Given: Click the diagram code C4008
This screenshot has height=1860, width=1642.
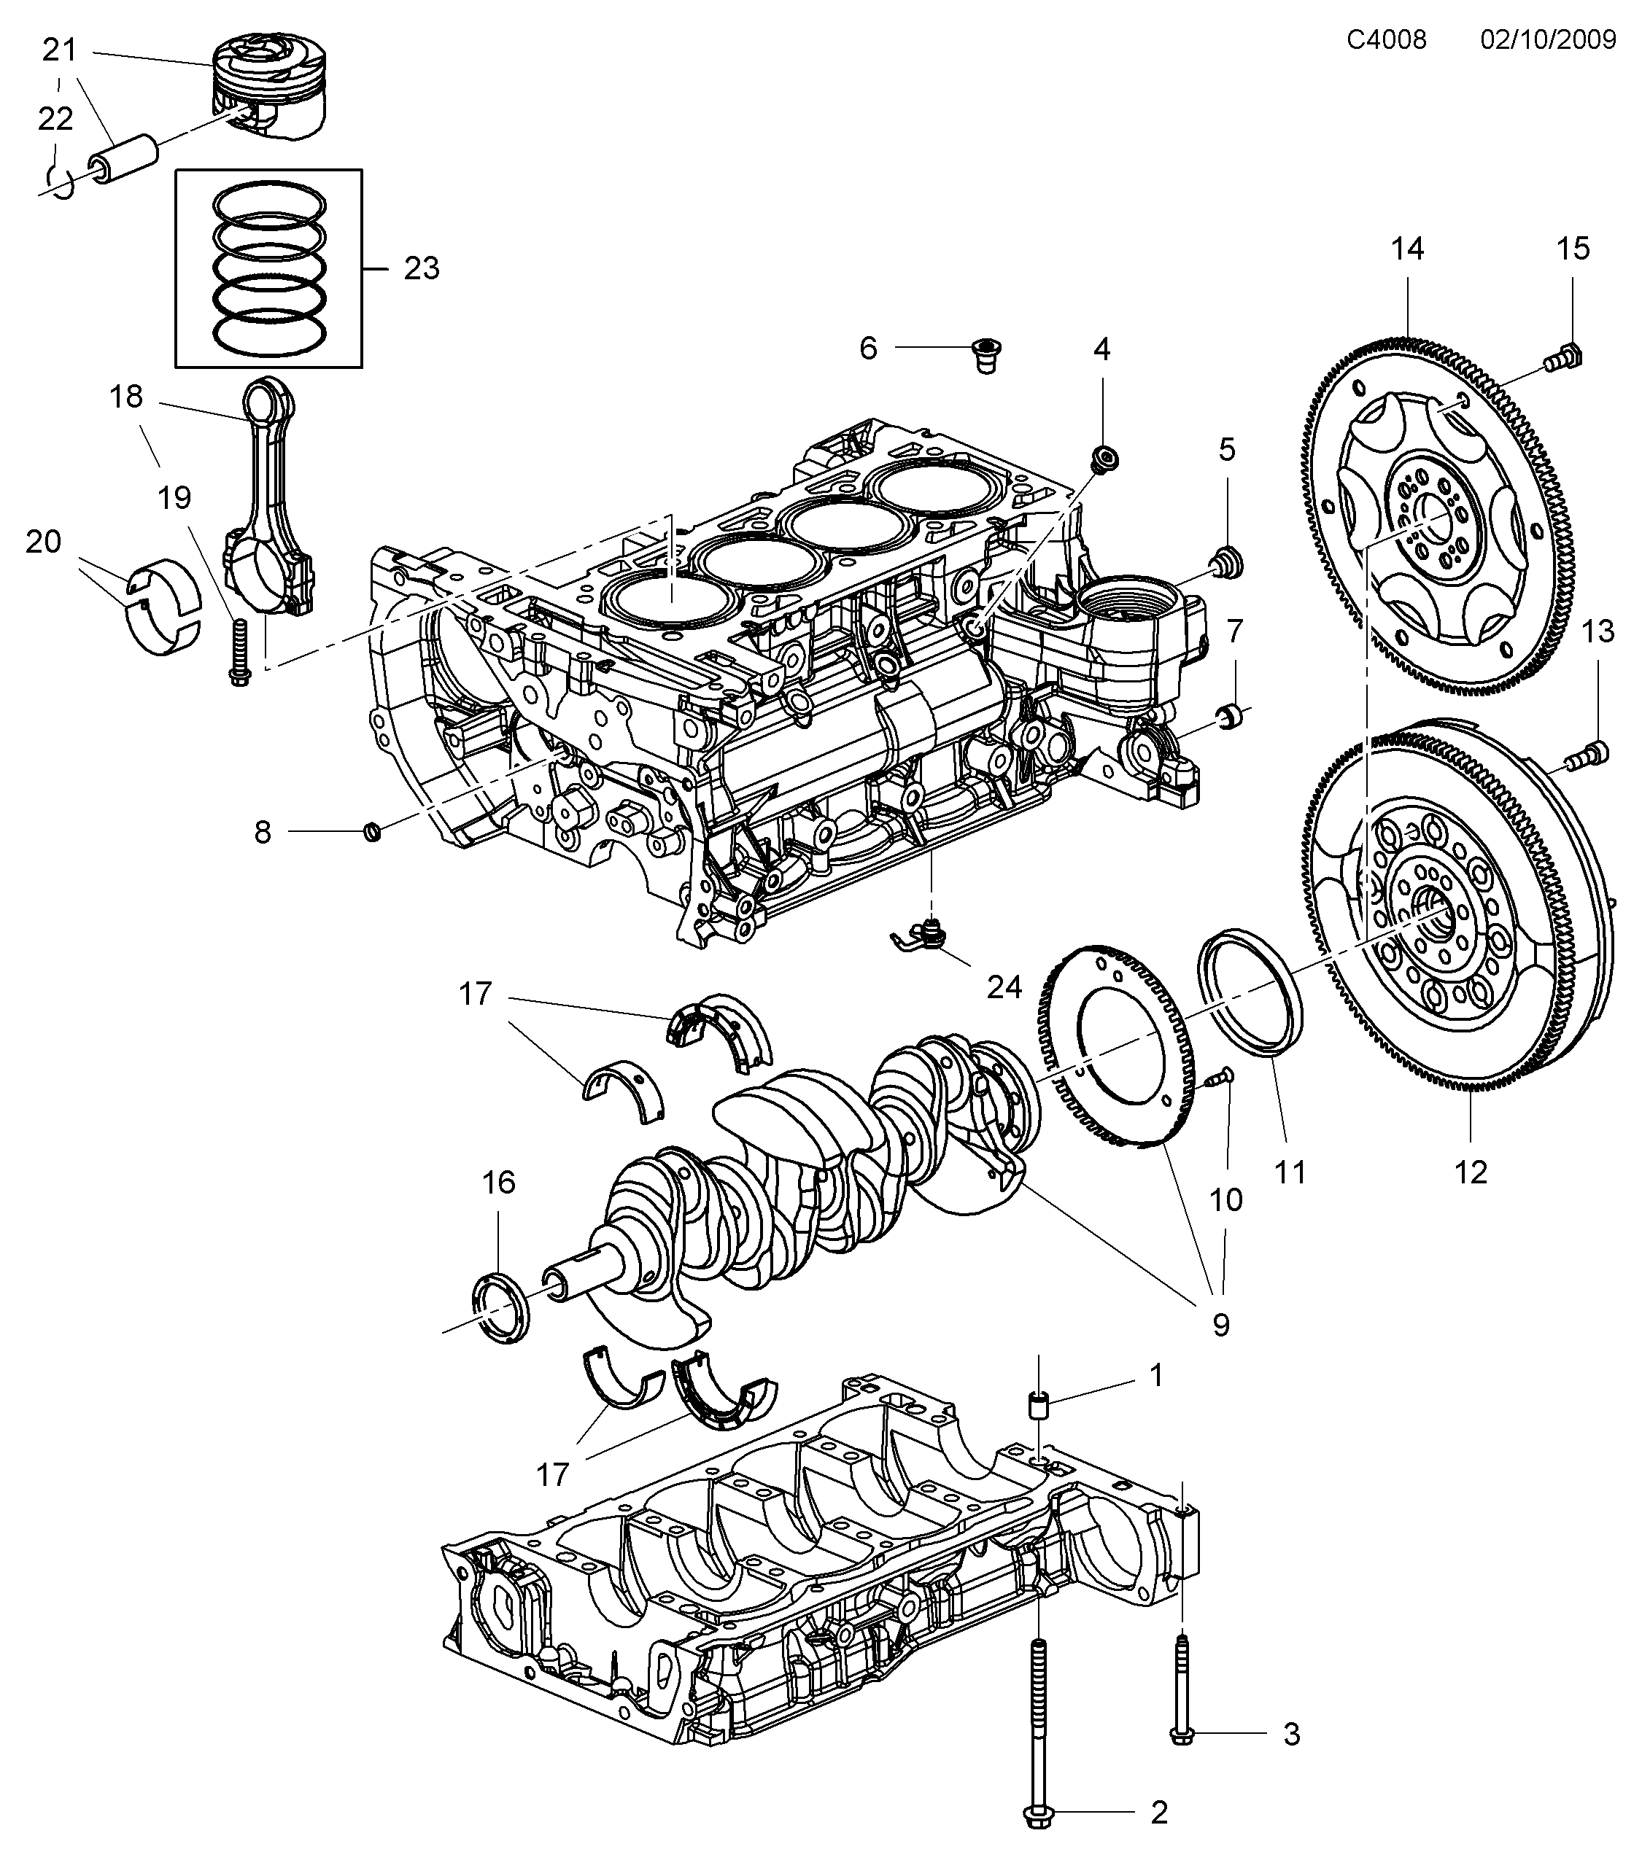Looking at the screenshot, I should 1386,39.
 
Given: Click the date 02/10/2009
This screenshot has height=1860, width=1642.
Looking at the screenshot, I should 1547,39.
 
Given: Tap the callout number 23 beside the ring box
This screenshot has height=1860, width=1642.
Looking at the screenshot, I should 422,268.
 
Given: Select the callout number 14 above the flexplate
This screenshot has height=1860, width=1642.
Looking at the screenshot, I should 1407,249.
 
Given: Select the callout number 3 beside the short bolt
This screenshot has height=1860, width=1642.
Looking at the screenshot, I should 1292,1735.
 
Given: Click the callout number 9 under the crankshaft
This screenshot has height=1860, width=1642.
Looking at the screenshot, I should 1220,1325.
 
